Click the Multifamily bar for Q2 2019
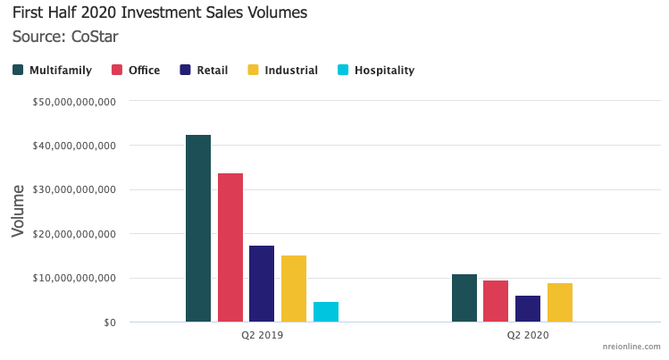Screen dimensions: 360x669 (x=198, y=228)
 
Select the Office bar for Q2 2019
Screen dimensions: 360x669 (x=230, y=247)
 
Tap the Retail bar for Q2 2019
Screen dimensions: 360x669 (x=262, y=283)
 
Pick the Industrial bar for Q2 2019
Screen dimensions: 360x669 (x=294, y=289)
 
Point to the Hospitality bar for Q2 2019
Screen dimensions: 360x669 (x=326, y=312)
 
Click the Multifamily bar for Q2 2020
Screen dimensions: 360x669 (x=464, y=297)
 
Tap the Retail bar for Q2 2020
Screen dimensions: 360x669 (x=528, y=308)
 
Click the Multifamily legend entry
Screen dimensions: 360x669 (x=53, y=70)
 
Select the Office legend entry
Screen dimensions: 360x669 (x=136, y=70)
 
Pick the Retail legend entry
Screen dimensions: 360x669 (x=205, y=70)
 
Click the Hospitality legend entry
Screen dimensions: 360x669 (x=376, y=70)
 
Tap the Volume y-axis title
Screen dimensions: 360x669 (x=18, y=211)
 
